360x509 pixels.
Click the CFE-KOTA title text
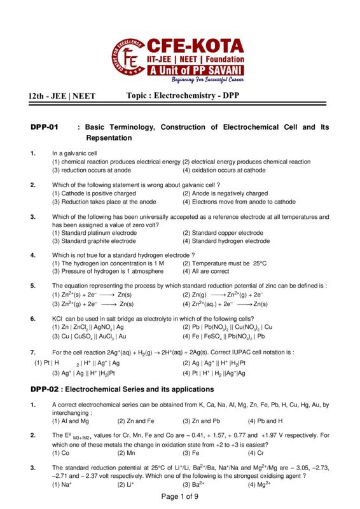pos(195,45)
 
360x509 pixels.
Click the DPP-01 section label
pos(44,127)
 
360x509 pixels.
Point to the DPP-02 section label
pos(44,389)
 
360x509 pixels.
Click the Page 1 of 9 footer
pos(180,496)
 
